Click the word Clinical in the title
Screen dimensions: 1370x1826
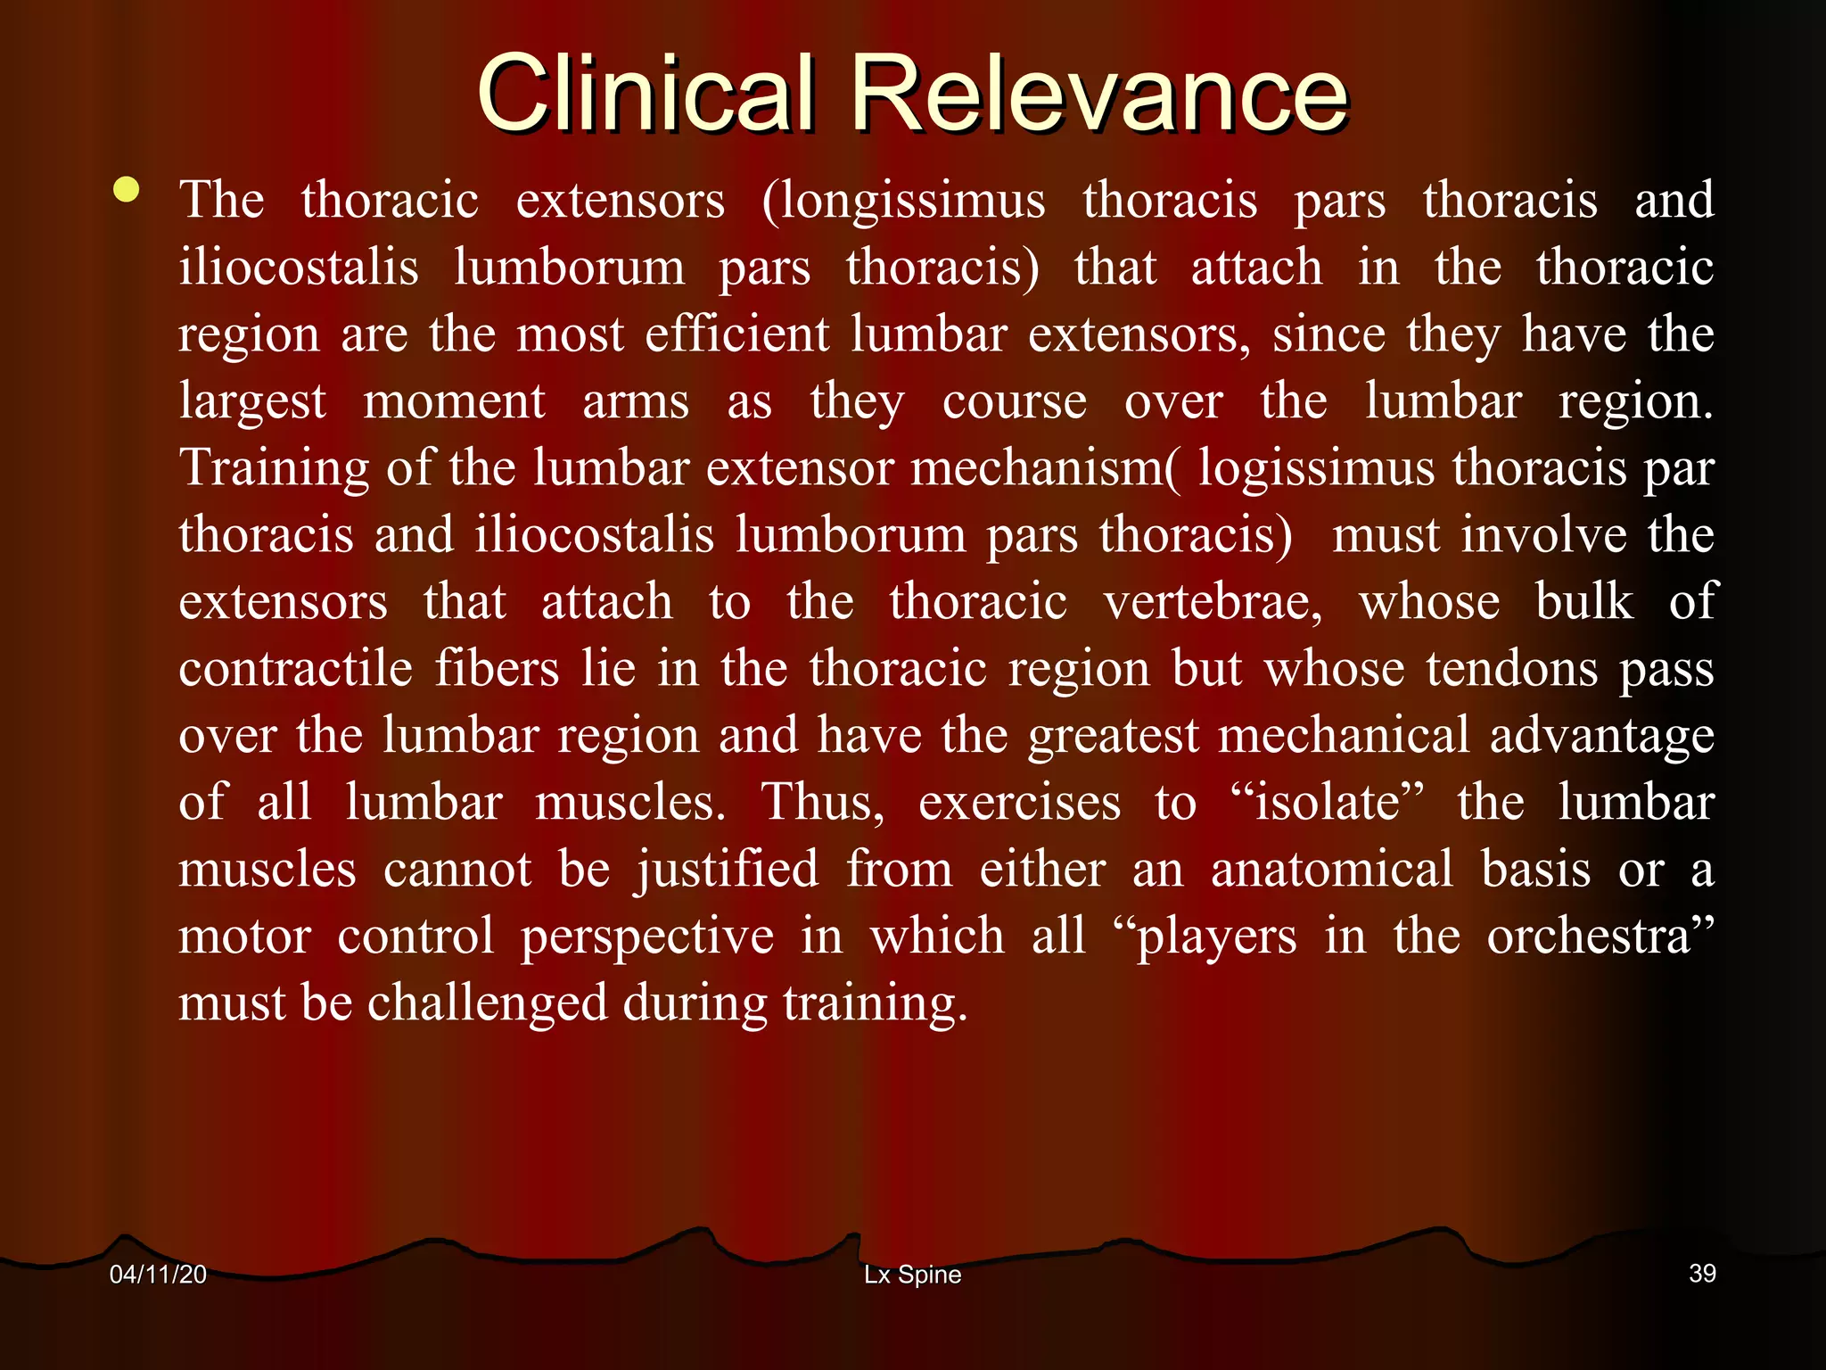point(646,93)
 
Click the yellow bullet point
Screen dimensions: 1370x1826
point(127,189)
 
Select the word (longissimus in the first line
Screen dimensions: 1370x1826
point(903,201)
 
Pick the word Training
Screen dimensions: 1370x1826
point(274,469)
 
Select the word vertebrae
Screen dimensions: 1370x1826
point(1213,602)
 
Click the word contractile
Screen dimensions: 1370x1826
point(295,669)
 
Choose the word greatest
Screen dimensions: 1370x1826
point(1114,737)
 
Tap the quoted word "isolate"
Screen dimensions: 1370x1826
point(1326,803)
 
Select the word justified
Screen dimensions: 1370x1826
point(727,871)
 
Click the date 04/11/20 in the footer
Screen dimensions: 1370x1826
point(158,1275)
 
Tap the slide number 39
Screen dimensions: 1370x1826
point(1702,1274)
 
